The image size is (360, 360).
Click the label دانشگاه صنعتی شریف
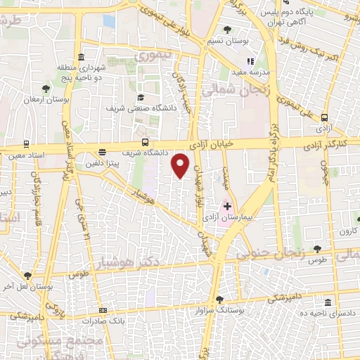(x=136, y=109)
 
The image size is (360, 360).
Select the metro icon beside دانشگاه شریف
(x=145, y=141)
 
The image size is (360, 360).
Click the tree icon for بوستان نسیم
(x=226, y=30)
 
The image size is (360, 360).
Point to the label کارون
(x=347, y=231)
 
